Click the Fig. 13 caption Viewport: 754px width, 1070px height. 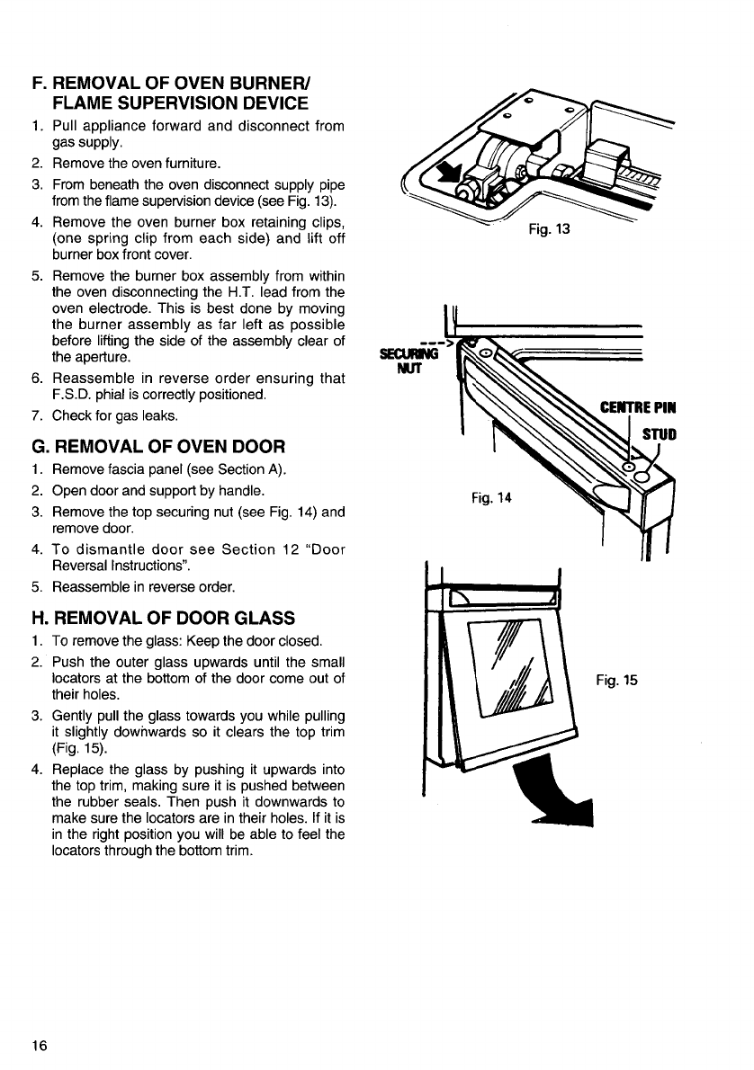click(x=551, y=228)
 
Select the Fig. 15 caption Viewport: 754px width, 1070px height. click(x=616, y=681)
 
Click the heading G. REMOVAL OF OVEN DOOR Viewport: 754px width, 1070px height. click(x=157, y=446)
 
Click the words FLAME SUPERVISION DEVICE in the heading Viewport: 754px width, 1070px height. click(x=181, y=103)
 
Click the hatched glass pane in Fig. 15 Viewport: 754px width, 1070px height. click(x=517, y=665)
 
